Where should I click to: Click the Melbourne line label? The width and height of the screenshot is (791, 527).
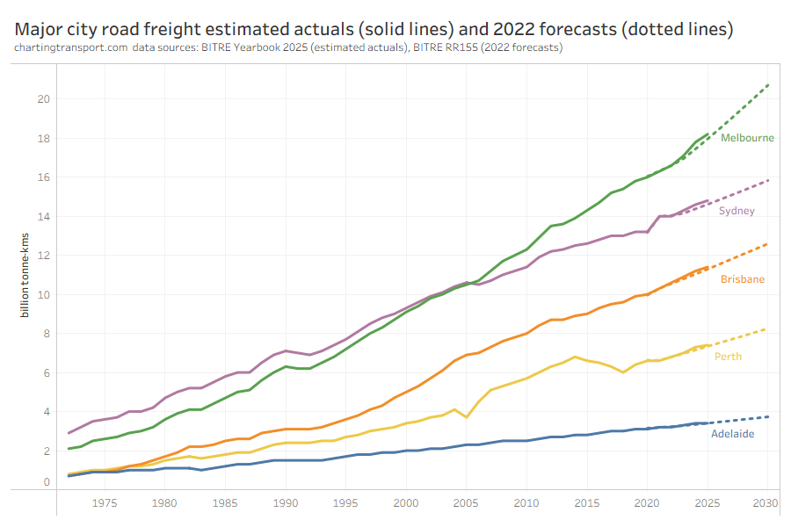747,138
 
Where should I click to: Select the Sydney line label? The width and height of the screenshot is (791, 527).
737,212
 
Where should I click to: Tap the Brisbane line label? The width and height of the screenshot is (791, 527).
742,279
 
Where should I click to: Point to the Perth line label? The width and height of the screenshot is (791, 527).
727,356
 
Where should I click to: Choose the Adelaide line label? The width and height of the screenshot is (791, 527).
732,434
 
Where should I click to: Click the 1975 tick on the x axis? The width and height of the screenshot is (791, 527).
105,503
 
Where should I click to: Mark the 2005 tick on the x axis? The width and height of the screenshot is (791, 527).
466,503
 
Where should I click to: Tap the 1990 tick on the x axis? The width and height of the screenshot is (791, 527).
285,503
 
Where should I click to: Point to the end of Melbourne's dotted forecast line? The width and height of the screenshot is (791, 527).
768,84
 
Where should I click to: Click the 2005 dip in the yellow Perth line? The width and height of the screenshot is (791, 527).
467,416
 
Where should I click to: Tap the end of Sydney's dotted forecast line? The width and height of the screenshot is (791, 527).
768,180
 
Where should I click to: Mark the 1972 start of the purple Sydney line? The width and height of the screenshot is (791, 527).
69,433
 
